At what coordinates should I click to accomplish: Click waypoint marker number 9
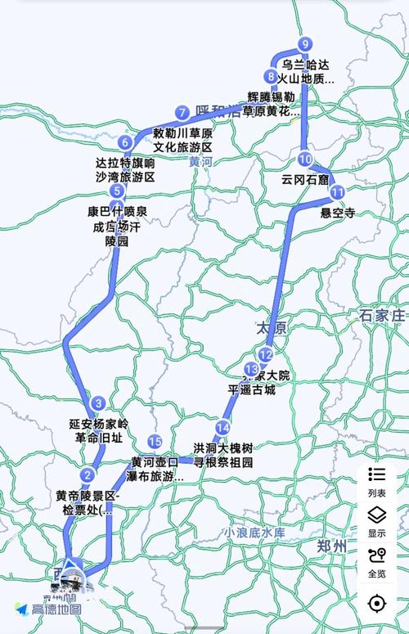pyautogui.click(x=305, y=44)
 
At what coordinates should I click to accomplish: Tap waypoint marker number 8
pyautogui.click(x=270, y=77)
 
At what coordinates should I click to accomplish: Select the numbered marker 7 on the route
pyautogui.click(x=182, y=113)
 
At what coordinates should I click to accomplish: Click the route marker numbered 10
pyautogui.click(x=305, y=159)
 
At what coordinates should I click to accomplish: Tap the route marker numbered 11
pyautogui.click(x=338, y=191)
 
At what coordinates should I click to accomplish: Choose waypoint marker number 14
pyautogui.click(x=223, y=427)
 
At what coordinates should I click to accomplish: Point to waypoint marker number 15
pyautogui.click(x=155, y=443)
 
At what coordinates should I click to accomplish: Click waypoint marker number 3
pyautogui.click(x=99, y=402)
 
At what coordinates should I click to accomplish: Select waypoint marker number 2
pyautogui.click(x=87, y=475)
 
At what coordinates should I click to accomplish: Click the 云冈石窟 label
pyautogui.click(x=305, y=178)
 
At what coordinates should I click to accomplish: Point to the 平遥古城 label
pyautogui.click(x=252, y=390)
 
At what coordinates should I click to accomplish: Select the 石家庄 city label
pyautogui.click(x=383, y=315)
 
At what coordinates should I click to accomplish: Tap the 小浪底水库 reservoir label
pyautogui.click(x=256, y=533)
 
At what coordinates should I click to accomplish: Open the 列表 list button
pyautogui.click(x=376, y=481)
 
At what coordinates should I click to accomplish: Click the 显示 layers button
pyautogui.click(x=376, y=521)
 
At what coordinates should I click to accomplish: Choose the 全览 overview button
pyautogui.click(x=376, y=561)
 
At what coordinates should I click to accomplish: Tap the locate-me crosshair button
pyautogui.click(x=376, y=604)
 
